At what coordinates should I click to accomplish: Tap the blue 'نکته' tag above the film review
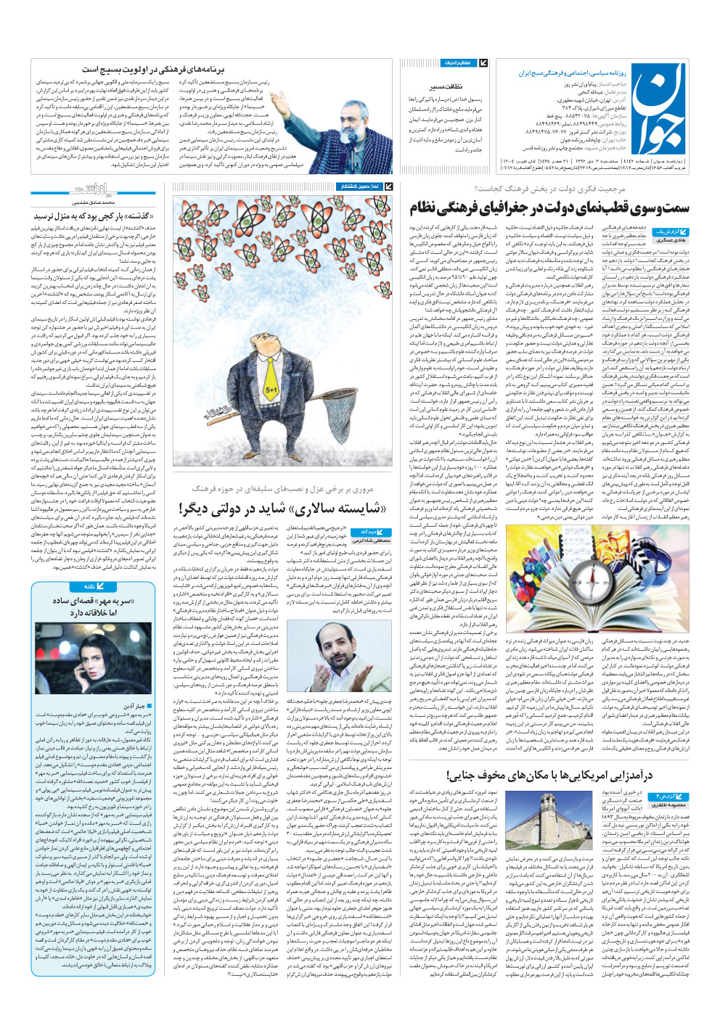pos(90,586)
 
